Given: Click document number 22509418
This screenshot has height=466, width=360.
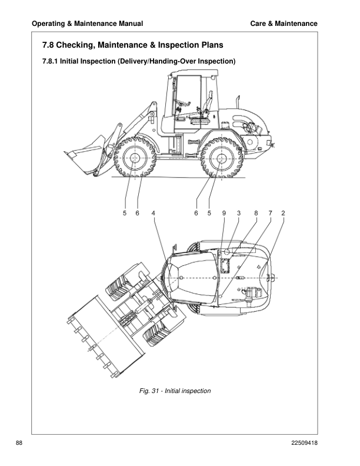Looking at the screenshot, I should pos(301,442).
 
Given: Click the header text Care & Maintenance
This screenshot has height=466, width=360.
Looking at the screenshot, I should pos(284,24).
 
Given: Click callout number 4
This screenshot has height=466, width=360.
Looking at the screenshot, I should pos(154,214).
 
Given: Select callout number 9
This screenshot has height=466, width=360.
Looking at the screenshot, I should pos(224,214).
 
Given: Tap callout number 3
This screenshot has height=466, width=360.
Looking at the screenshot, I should pos(239,214).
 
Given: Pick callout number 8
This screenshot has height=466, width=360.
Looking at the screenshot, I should pos(255,214).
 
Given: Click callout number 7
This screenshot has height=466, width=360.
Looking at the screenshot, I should pos(270,214).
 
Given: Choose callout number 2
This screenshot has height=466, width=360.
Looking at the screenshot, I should pos(284,214).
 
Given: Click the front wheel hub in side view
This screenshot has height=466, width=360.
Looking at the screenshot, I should pos(134,157).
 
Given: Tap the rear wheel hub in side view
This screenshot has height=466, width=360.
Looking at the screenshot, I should pos(220,158).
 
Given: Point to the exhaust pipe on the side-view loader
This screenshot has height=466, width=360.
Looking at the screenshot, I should pos(239,101).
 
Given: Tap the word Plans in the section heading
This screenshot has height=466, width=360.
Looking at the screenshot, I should pos(210,45).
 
